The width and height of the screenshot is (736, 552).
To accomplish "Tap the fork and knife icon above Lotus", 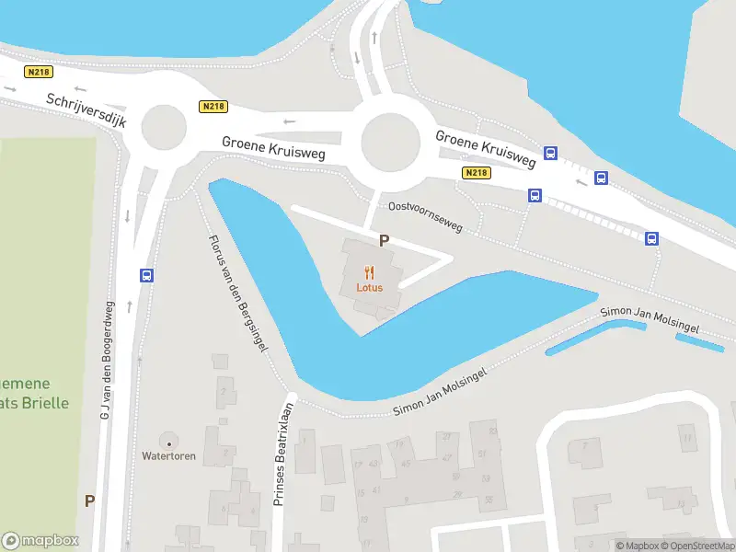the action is click(x=370, y=271).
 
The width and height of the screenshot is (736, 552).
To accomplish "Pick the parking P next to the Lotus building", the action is click(x=384, y=240).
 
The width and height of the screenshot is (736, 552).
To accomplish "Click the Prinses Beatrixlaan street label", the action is click(x=282, y=454).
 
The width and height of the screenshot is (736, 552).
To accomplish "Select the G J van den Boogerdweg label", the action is click(x=108, y=362).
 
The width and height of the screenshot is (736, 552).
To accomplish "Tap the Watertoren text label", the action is click(x=168, y=456).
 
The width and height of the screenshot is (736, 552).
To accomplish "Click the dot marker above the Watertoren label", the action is click(x=168, y=443).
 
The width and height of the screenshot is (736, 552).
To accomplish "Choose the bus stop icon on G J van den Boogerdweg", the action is click(x=146, y=275).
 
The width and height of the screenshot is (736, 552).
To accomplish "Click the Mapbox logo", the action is click(x=40, y=541).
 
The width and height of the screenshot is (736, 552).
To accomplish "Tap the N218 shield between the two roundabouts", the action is click(x=213, y=107).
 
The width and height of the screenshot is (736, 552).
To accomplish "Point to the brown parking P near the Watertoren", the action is click(x=89, y=501).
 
